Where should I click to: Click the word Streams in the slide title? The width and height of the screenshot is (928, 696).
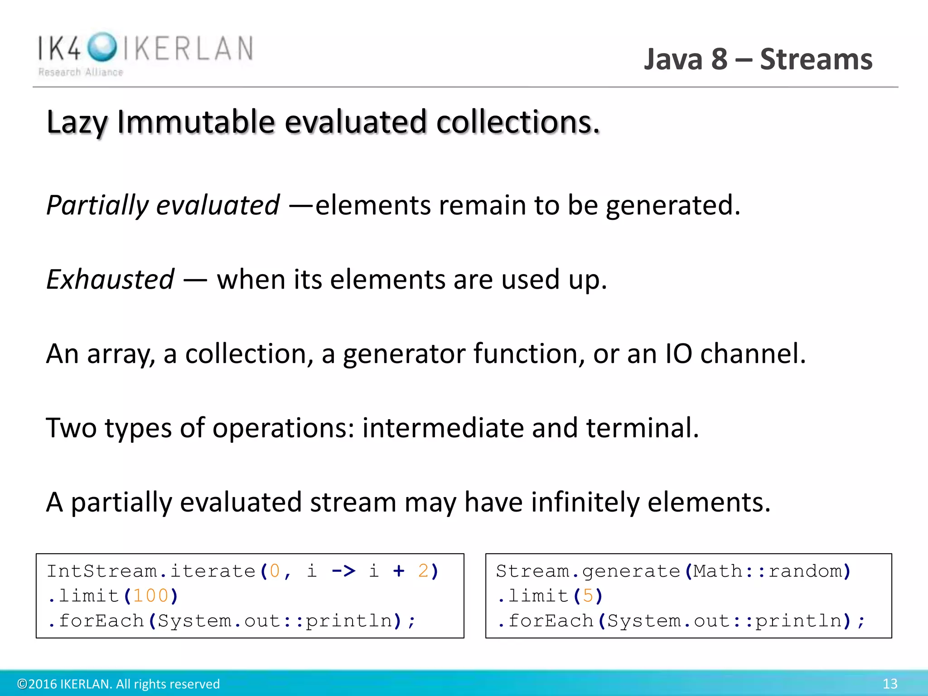(816, 59)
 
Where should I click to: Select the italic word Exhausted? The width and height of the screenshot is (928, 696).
(110, 279)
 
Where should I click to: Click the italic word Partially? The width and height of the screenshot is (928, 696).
(97, 205)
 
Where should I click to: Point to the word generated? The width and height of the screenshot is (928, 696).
(672, 205)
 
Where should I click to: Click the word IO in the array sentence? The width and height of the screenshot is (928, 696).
(678, 353)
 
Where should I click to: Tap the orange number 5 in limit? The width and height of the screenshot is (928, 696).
(588, 596)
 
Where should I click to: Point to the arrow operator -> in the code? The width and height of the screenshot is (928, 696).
(343, 571)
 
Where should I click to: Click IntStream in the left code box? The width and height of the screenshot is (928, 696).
(102, 571)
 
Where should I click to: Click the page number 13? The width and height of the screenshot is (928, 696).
(889, 684)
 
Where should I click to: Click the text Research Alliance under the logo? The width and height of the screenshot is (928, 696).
(81, 72)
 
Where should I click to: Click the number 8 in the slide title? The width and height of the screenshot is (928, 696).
(719, 59)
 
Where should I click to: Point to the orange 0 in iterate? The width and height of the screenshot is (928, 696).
(275, 571)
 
